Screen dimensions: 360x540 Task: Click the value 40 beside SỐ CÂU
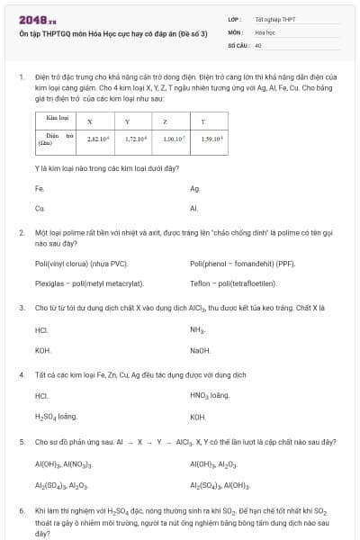click(x=258, y=44)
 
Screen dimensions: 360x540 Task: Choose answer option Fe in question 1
click(x=39, y=189)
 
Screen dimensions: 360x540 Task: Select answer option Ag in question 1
click(x=194, y=189)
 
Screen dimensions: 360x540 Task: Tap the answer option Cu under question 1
click(x=39, y=208)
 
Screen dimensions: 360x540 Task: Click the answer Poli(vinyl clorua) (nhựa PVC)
click(x=81, y=264)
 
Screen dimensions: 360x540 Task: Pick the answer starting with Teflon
click(x=238, y=283)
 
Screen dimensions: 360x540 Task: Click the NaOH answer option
click(x=200, y=350)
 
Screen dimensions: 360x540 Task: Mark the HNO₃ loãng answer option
click(x=211, y=395)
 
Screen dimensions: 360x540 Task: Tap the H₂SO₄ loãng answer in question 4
click(x=56, y=418)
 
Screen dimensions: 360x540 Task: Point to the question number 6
click(x=21, y=510)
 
